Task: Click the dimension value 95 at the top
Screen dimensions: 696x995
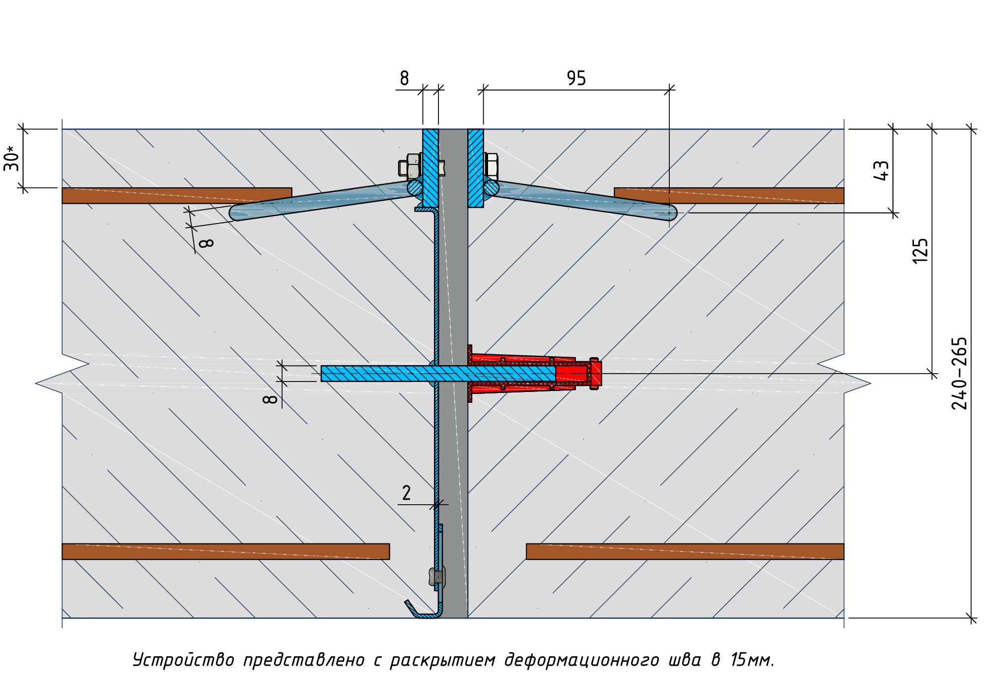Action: point(576,78)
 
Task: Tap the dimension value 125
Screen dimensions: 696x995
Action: point(920,250)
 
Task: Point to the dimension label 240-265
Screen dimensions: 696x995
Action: point(959,373)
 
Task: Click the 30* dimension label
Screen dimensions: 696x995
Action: point(12,158)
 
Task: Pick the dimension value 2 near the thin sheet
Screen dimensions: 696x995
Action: point(406,493)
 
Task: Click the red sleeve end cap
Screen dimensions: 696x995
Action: point(594,373)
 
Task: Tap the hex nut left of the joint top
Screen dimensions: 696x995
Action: point(412,166)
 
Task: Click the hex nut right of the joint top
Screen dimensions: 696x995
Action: point(491,165)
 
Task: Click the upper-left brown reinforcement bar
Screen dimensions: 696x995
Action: point(176,195)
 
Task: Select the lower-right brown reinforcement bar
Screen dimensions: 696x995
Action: point(685,551)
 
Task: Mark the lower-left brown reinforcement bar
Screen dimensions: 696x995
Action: point(225,551)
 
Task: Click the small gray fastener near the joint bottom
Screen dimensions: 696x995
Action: point(437,577)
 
